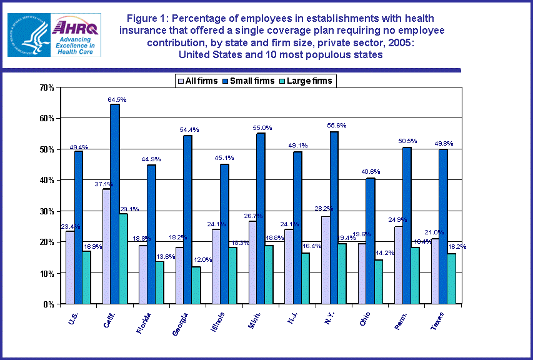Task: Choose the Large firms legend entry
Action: pyautogui.click(x=307, y=81)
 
